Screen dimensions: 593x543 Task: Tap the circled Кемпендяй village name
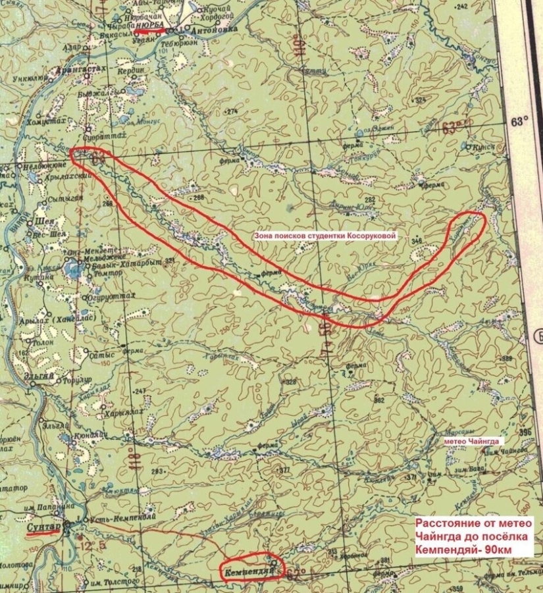coord(247,570)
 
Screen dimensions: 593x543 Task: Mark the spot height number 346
coord(415,242)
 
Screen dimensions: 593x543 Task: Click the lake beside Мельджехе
coord(72,269)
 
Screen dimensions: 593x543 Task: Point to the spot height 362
coord(378,400)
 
